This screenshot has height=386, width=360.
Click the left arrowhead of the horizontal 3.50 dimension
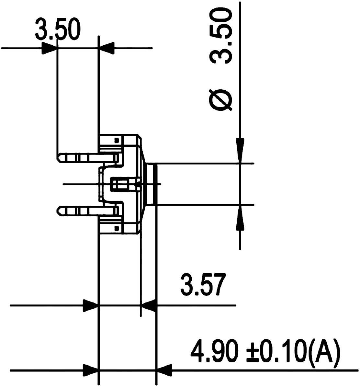[x=49, y=49]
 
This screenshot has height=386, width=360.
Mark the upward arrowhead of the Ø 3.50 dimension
[x=240, y=219]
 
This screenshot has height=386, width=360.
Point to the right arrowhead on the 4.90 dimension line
[x=164, y=370]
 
